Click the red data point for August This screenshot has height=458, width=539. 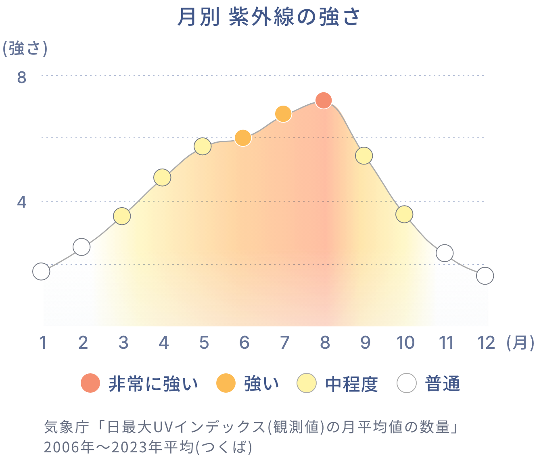(x=324, y=100)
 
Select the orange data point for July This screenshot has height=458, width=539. (x=284, y=114)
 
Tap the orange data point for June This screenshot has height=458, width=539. (x=243, y=138)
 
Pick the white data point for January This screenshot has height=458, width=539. (x=41, y=271)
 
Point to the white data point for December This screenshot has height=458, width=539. (x=485, y=276)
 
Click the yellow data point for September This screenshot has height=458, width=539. (x=364, y=156)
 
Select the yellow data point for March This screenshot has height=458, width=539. (x=122, y=216)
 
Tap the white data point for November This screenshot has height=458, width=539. (x=445, y=253)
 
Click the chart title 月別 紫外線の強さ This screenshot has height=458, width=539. (x=269, y=17)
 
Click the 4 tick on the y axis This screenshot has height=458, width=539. (x=22, y=202)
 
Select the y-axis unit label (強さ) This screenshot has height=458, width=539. (x=25, y=49)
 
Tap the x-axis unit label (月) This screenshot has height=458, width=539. (x=520, y=343)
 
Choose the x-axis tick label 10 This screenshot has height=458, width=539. (x=405, y=343)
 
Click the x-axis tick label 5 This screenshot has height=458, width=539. (x=204, y=343)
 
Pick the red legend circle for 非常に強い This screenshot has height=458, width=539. (x=90, y=383)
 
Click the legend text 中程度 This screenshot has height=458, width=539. (x=351, y=384)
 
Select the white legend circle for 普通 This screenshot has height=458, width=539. (x=406, y=383)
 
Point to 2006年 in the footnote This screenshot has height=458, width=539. (x=69, y=447)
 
